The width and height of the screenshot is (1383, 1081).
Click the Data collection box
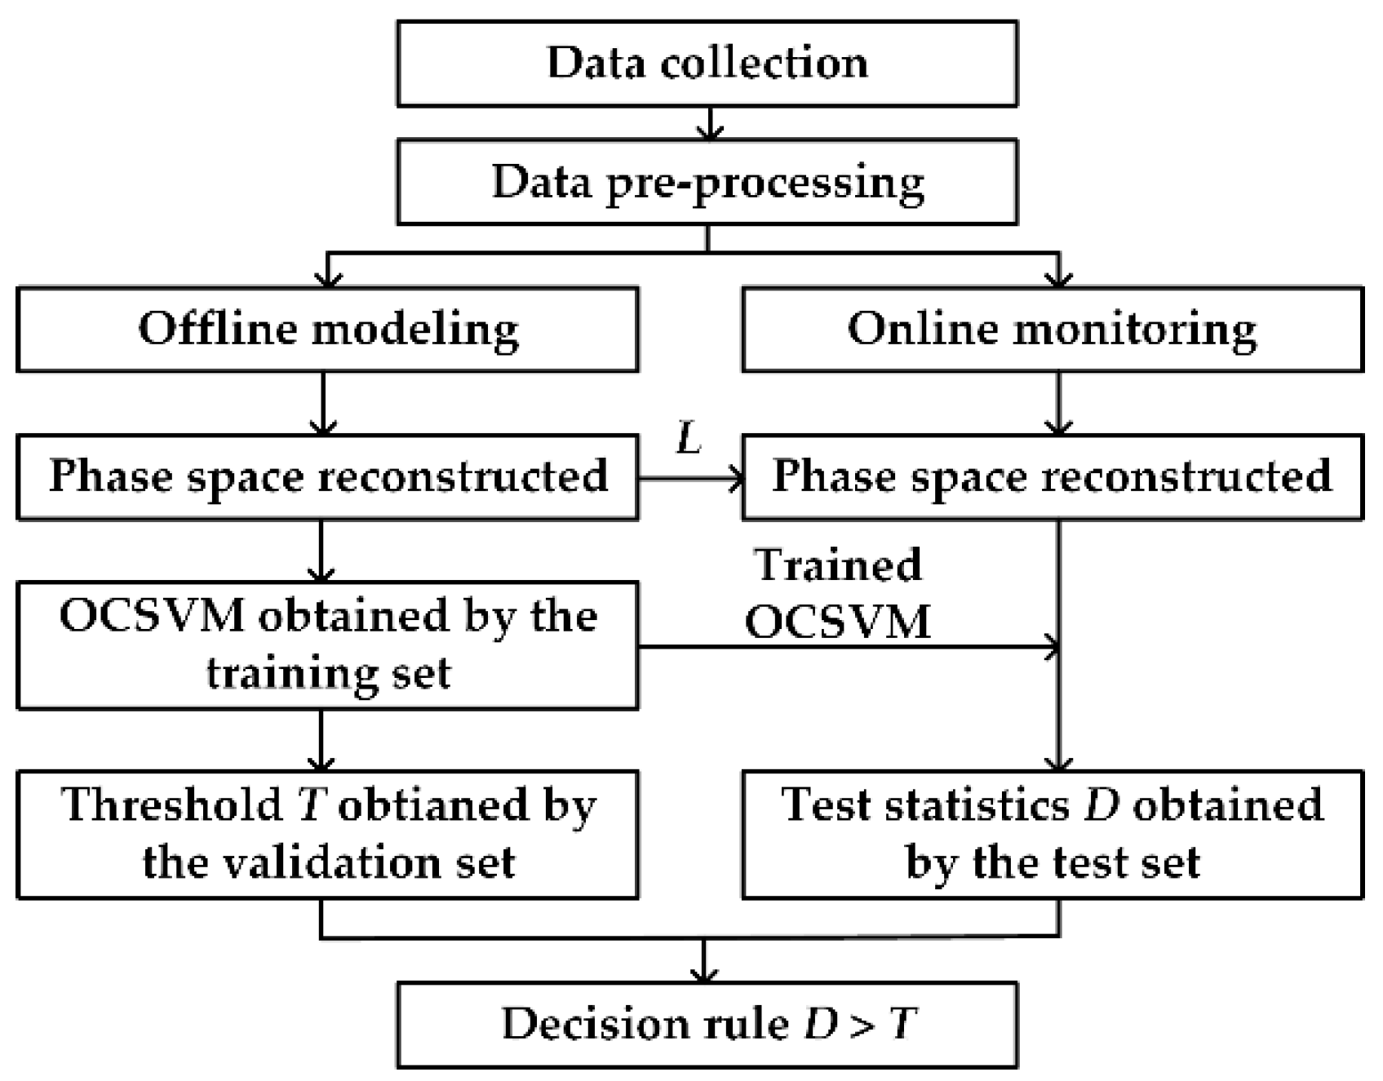tap(707, 64)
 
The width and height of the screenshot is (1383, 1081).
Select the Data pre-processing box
tap(707, 182)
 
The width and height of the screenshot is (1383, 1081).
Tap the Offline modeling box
tap(327, 330)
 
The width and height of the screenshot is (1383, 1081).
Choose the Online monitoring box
tap(1052, 330)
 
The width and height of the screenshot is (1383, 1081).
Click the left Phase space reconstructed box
tap(327, 477)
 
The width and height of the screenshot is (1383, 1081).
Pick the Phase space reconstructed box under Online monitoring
tap(1052, 477)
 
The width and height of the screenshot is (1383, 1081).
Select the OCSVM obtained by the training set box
tap(327, 645)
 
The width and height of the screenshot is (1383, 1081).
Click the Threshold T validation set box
tap(327, 835)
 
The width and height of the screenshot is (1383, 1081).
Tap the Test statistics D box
tap(1052, 835)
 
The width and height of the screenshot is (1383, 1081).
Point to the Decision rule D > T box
tap(707, 1025)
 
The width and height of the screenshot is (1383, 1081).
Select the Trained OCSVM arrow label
tap(838, 594)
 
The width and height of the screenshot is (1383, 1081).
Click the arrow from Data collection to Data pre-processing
tap(711, 123)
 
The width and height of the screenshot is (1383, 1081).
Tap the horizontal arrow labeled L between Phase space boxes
tap(690, 480)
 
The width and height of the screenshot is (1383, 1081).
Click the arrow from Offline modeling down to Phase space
tap(324, 403)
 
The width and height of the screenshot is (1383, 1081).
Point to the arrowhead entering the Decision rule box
tap(703, 974)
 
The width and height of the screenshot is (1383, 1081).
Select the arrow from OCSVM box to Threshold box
tap(321, 740)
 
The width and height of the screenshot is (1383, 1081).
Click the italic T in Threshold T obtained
tap(311, 806)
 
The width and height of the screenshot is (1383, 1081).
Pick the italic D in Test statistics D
tap(1101, 806)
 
